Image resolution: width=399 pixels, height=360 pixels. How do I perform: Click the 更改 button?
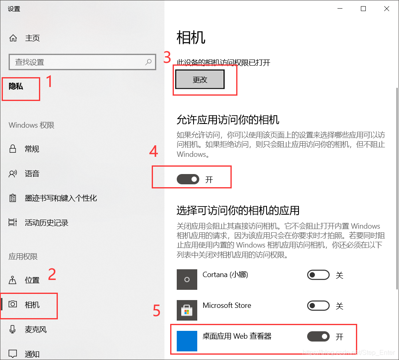(x=200, y=80)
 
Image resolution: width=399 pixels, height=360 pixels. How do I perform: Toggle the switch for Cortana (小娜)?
(x=318, y=275)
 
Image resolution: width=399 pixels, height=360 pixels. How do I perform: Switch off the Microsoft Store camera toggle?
(x=318, y=306)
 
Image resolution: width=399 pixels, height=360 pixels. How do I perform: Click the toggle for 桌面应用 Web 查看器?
(x=318, y=337)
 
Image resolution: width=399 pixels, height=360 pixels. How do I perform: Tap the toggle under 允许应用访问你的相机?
(x=188, y=179)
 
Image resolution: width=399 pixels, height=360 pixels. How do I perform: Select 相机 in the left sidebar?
(x=32, y=305)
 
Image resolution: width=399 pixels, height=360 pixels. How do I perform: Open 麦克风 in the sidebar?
(x=35, y=329)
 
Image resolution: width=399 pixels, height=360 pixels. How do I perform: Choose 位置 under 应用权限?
(x=32, y=280)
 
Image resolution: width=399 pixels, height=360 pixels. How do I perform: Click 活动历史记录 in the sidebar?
(x=46, y=222)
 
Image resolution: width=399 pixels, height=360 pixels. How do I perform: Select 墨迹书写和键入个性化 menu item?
(x=60, y=198)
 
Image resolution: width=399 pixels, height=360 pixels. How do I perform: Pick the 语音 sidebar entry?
(x=32, y=173)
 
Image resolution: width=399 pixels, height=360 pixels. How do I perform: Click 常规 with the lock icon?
(x=32, y=149)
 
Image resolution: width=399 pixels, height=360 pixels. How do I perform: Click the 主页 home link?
(x=32, y=38)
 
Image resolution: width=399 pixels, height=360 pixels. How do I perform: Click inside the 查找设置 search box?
(x=74, y=62)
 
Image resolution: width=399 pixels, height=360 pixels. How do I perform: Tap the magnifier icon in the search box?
(x=148, y=62)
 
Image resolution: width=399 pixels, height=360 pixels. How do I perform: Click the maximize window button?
(x=363, y=9)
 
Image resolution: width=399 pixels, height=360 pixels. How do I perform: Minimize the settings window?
(x=340, y=9)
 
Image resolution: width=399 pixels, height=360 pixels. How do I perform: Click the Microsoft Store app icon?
(x=187, y=310)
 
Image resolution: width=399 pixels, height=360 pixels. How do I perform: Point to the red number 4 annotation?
(x=153, y=152)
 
